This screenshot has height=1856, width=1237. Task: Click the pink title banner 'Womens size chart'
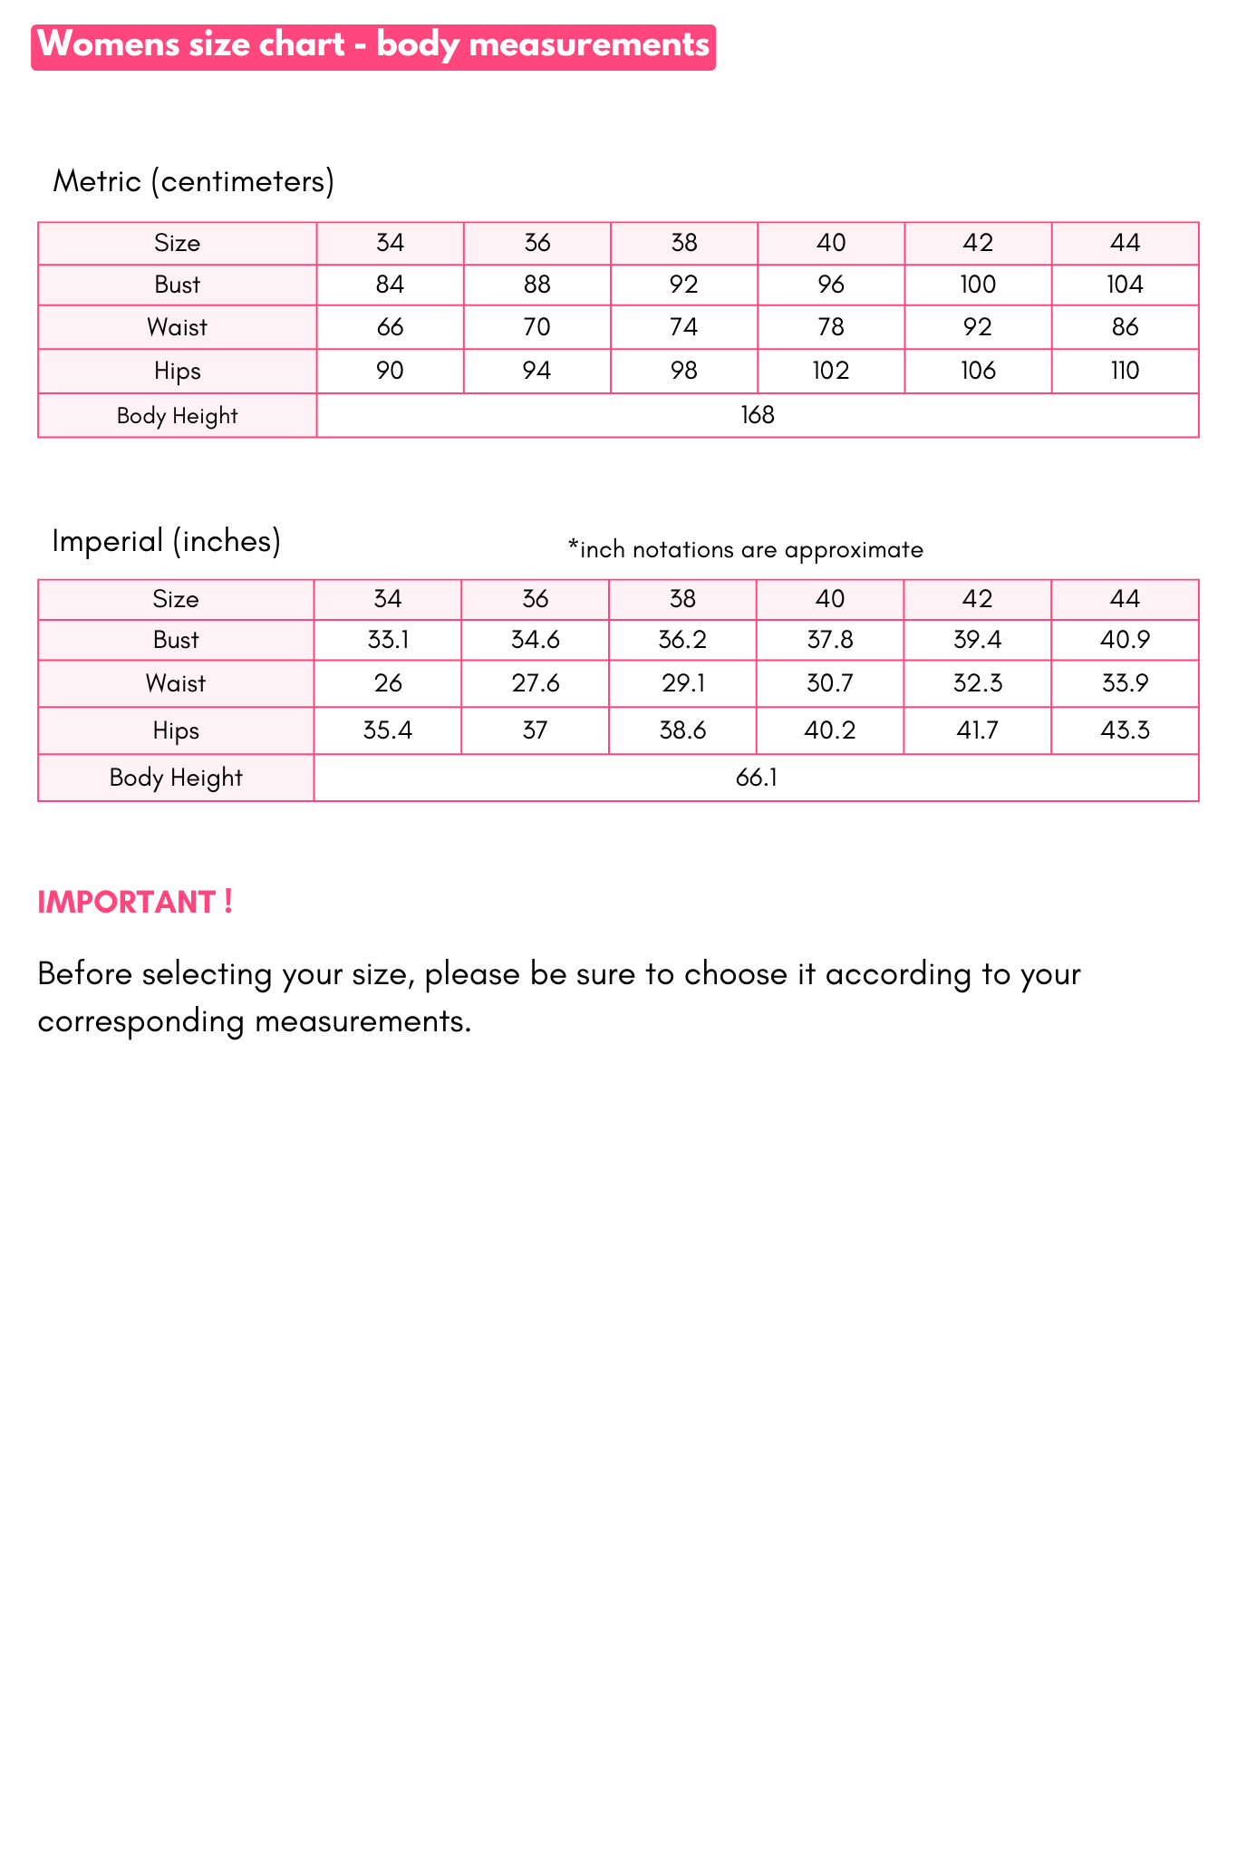tap(373, 46)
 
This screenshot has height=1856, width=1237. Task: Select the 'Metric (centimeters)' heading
tap(194, 181)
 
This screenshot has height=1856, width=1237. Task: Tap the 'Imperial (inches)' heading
tap(167, 541)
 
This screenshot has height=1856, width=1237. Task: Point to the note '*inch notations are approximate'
tap(745, 549)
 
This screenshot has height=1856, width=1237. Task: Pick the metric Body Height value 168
tap(758, 416)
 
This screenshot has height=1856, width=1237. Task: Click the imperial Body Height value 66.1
tap(757, 778)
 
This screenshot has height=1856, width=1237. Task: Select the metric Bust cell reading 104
tap(1125, 285)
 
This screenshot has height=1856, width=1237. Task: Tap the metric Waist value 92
tap(978, 327)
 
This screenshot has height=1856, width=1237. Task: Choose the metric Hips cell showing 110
tap(1125, 371)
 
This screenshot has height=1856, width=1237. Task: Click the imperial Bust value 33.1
tap(388, 640)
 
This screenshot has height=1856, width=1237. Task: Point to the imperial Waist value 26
tap(388, 683)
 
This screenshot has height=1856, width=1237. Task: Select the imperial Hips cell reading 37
tap(536, 730)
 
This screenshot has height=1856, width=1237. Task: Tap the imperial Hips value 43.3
tap(1125, 730)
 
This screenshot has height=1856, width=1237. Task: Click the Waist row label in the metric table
tap(178, 327)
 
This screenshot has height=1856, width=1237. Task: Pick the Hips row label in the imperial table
tap(176, 730)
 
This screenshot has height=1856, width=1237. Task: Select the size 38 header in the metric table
tap(684, 243)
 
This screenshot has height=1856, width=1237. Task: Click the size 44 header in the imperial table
tap(1125, 599)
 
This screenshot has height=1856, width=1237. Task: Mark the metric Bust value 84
tap(390, 285)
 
